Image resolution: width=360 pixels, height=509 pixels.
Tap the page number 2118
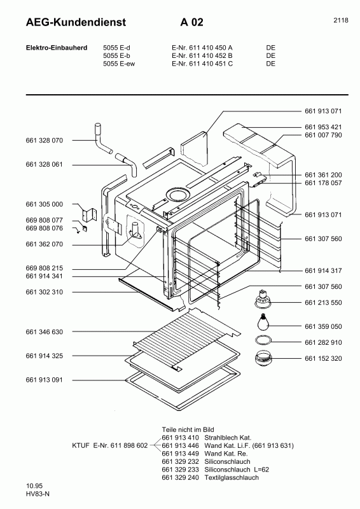[x=340, y=20]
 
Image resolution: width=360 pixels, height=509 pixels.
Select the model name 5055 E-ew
[x=119, y=64]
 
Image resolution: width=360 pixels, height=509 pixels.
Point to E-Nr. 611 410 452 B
[x=202, y=55]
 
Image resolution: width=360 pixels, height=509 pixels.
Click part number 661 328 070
[x=45, y=140]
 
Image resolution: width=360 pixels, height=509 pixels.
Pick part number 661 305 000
[x=45, y=204]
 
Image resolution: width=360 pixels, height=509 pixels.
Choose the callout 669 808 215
[x=45, y=268]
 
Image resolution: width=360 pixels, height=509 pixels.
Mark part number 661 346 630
[x=45, y=332]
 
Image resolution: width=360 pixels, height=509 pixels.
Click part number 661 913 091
[x=45, y=380]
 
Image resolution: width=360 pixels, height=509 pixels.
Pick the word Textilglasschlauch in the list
[x=244, y=477]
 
